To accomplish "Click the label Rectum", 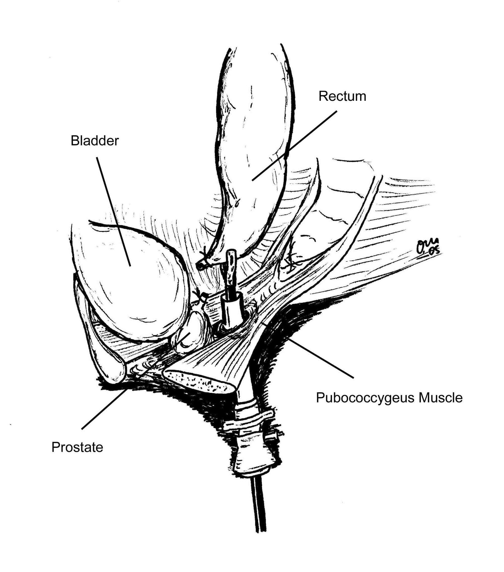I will [342, 96].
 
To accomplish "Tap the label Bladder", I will [95, 141].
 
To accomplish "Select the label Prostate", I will [77, 447].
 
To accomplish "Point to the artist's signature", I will [427, 246].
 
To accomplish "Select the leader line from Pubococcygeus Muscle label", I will [322, 358].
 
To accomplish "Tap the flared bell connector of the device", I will [252, 459].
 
